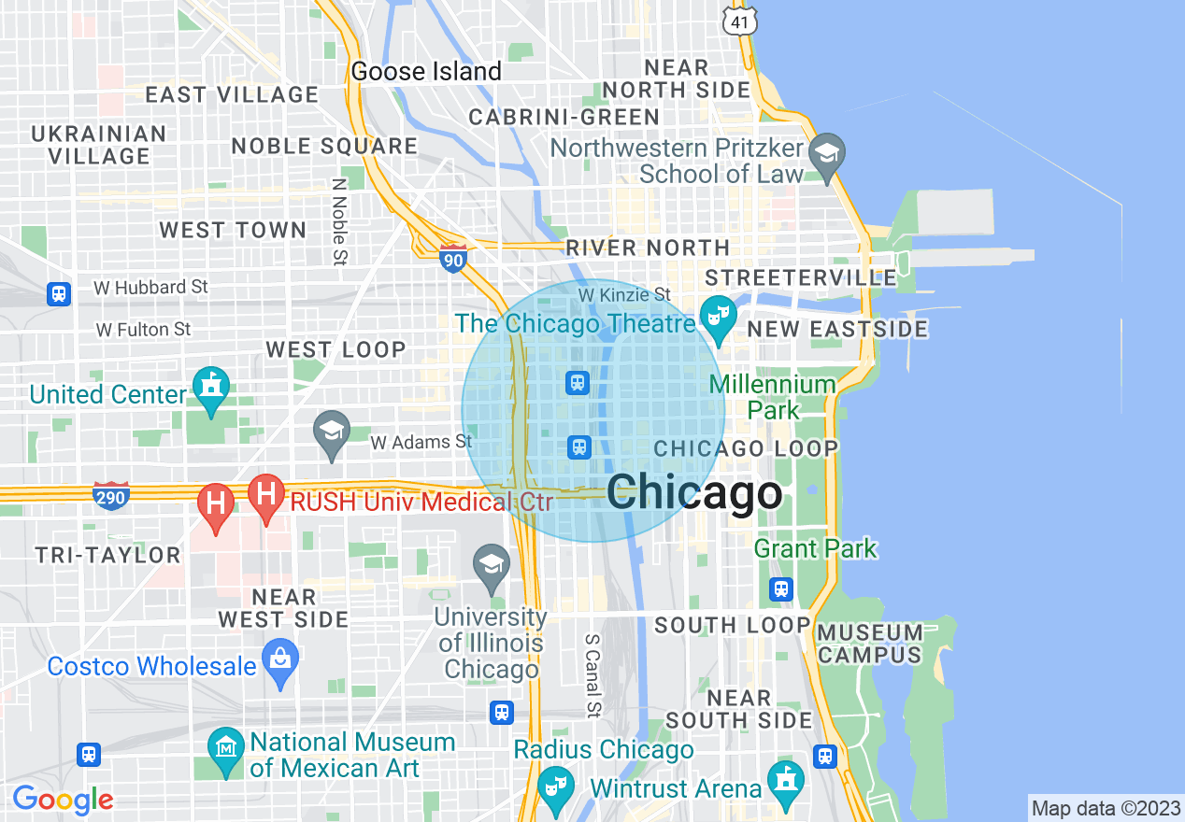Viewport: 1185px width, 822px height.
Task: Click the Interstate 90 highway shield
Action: [x=452, y=258]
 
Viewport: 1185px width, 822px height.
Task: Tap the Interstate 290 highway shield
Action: [x=110, y=497]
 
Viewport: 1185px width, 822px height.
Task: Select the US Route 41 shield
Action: [x=738, y=19]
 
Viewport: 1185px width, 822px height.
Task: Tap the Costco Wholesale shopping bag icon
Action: [x=279, y=660]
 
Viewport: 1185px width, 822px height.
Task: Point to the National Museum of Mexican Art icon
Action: [x=226, y=749]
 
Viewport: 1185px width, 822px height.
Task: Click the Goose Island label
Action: [x=426, y=72]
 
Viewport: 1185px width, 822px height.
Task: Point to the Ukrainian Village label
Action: [x=99, y=145]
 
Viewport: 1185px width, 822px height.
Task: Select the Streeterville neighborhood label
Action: [x=801, y=277]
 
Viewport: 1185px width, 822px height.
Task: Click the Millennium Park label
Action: [x=773, y=397]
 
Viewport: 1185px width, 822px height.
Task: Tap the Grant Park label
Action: [x=815, y=548]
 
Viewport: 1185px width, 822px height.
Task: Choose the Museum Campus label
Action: [x=870, y=644]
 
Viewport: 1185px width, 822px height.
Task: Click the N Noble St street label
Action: [x=340, y=220]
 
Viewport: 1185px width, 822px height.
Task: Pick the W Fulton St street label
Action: [x=144, y=330]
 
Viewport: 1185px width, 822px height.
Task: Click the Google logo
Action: [x=63, y=800]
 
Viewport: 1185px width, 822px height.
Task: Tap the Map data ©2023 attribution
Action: [x=1105, y=808]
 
